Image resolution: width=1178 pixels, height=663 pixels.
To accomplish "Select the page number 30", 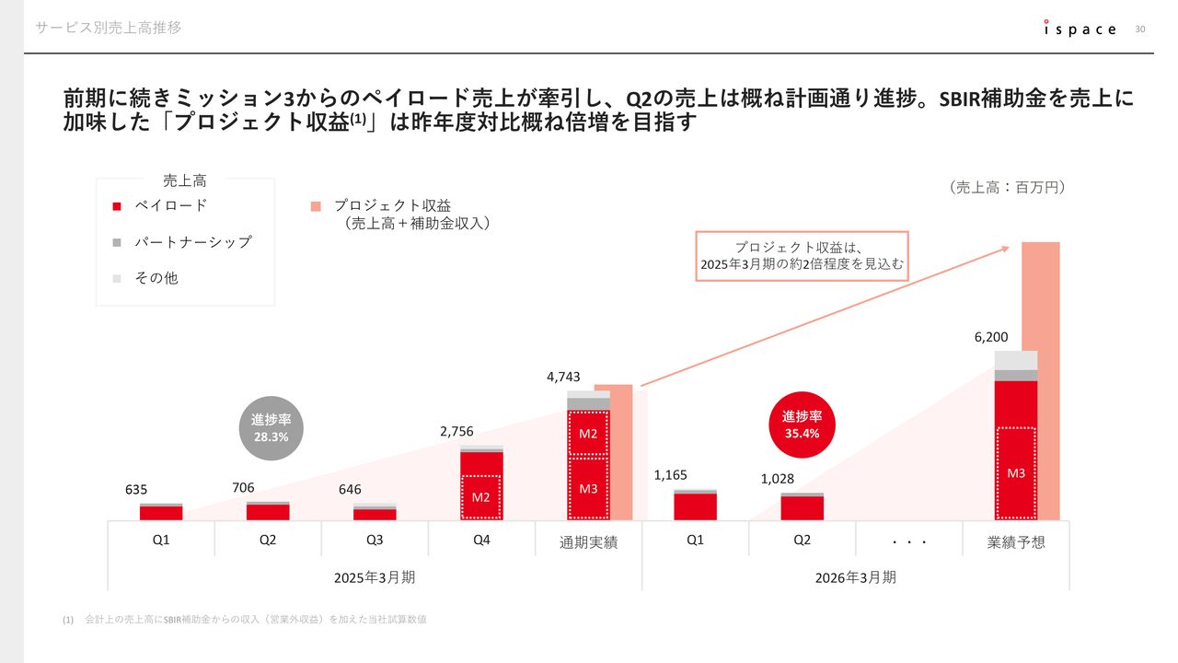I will coord(1140,29).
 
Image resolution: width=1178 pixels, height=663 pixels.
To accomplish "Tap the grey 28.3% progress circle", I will coord(271,428).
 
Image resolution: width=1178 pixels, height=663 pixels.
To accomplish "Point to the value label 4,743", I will coord(562,376).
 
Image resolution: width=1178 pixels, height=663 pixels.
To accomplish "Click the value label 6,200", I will coord(991,337).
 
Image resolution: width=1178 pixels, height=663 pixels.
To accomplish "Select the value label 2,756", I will coord(456,431).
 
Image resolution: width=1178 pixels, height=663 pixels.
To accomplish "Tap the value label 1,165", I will coord(670,475).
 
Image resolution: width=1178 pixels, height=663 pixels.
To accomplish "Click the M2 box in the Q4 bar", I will coord(480,497).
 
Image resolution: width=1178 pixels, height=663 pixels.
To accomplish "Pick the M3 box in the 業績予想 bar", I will coord(1016,473).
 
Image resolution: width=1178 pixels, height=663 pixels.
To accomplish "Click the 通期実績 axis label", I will coord(588,542).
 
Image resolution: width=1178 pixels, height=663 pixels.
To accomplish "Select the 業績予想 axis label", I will coord(1016,542).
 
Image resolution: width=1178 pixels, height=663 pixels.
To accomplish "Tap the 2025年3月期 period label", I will coord(375,577).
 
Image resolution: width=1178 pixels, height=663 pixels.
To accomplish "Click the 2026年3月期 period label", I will coord(855,577).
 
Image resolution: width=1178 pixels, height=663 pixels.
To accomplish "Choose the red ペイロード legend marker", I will coord(117,206).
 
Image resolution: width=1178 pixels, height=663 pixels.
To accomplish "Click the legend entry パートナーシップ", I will coord(192,242).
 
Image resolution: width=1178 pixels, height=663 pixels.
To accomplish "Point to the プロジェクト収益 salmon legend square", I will coord(316,206).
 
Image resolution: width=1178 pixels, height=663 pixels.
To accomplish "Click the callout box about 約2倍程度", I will coord(802,256).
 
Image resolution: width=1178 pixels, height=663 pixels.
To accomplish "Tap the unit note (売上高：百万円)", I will coord(1006,187).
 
